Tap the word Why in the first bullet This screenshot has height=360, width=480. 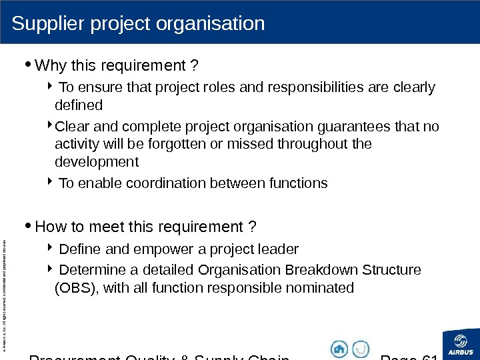click(48, 66)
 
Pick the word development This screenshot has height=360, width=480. click(96, 162)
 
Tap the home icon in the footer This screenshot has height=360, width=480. click(339, 349)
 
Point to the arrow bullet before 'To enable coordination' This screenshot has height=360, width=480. click(53, 182)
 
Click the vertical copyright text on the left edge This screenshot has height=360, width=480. click(5, 287)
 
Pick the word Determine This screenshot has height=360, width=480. click(89, 270)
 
